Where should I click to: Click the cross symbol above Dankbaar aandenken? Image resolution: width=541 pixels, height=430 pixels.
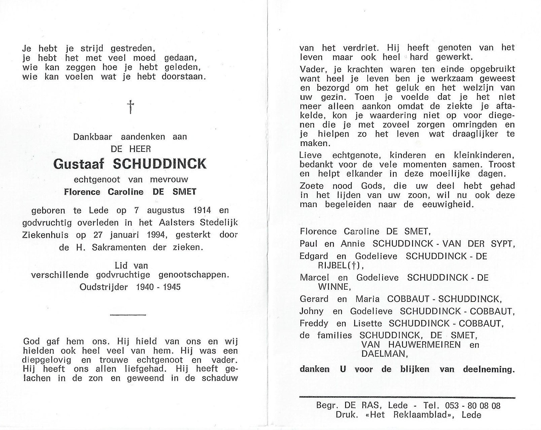(130, 107)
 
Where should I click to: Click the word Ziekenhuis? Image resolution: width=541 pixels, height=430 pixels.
(45, 235)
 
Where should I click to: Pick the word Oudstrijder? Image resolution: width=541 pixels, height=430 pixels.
(103, 287)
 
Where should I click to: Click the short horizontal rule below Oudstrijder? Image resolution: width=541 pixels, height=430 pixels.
(128, 314)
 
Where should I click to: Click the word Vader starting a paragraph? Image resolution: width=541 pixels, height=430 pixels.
(312, 69)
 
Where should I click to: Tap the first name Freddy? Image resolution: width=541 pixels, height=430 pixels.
(314, 323)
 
